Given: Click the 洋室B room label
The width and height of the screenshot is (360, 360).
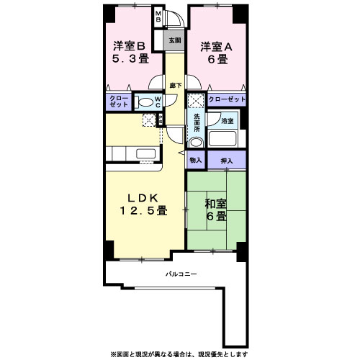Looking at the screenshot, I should click(x=129, y=46).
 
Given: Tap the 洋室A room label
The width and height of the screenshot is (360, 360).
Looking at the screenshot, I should click(x=215, y=45).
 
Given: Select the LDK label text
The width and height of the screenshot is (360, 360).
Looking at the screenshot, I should click(x=143, y=198).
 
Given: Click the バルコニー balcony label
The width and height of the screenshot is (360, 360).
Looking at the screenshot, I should click(x=181, y=274).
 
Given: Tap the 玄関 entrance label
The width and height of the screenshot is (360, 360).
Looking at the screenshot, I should click(x=175, y=40).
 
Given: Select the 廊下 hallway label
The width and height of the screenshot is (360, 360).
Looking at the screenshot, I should click(x=175, y=85).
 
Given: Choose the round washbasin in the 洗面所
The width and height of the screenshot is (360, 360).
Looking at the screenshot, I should click(x=196, y=142).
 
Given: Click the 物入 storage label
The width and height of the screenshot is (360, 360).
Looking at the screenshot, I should click(x=196, y=160).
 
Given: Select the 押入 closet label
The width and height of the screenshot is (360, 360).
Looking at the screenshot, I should click(x=227, y=160).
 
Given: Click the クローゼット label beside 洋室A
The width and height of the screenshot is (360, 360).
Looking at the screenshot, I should click(x=228, y=99).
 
